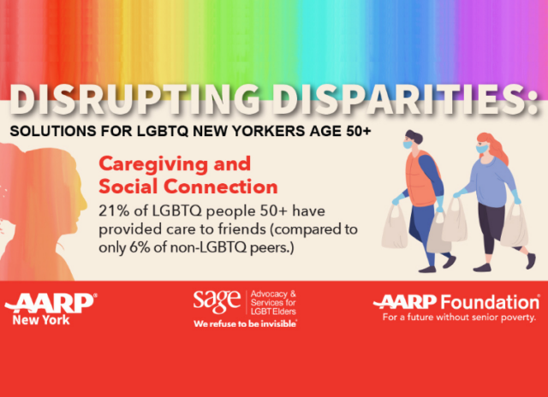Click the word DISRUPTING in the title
(x=134, y=99)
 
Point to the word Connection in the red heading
(x=221, y=187)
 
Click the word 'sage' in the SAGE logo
(x=217, y=301)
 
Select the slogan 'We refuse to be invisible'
(x=246, y=323)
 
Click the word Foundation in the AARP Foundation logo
(x=490, y=302)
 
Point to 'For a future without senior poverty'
(x=459, y=317)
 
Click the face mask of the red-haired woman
(x=482, y=149)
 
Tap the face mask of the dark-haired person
(x=408, y=145)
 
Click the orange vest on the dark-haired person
(x=421, y=179)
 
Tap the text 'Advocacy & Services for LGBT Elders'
(x=273, y=303)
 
